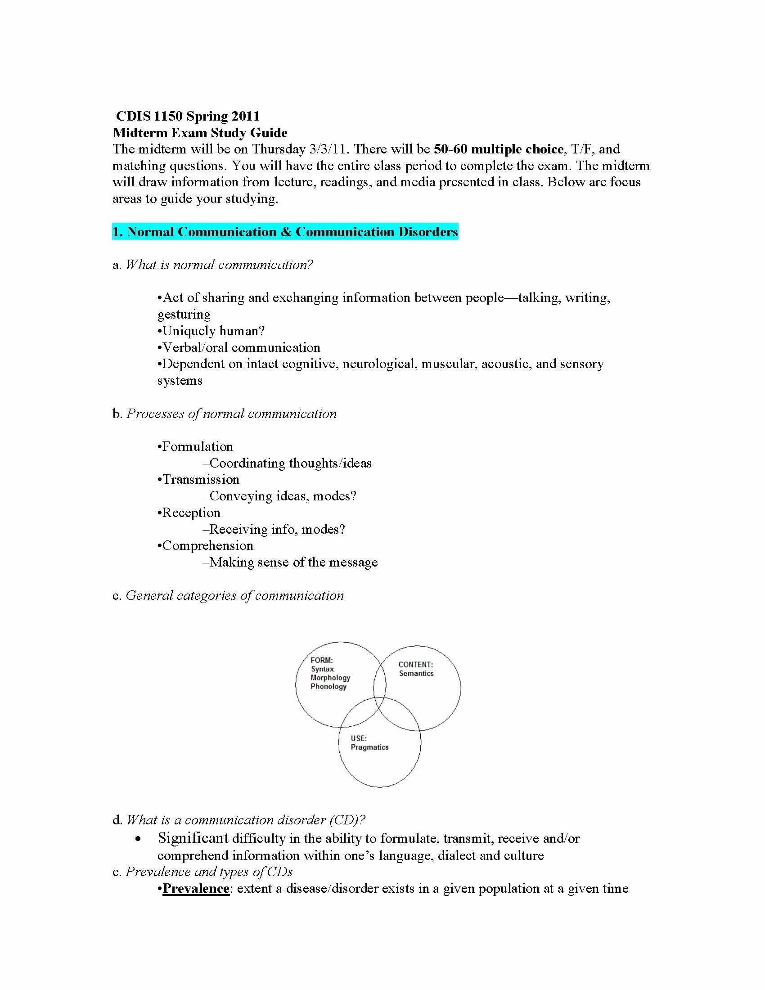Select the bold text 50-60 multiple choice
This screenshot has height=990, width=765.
click(498, 149)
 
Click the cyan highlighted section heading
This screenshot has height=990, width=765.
click(285, 232)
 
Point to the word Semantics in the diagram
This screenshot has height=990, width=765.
click(416, 674)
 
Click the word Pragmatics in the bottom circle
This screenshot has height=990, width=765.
click(369, 747)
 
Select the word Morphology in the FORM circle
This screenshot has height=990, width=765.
click(330, 678)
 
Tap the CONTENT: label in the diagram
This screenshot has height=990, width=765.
click(415, 665)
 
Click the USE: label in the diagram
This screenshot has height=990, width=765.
click(359, 738)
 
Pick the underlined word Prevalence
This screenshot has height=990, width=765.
click(196, 888)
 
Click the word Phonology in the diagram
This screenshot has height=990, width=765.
click(328, 686)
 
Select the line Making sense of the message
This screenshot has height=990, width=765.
click(293, 562)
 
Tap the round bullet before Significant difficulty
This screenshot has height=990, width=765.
click(138, 839)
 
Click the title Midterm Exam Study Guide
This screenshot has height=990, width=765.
click(200, 133)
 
